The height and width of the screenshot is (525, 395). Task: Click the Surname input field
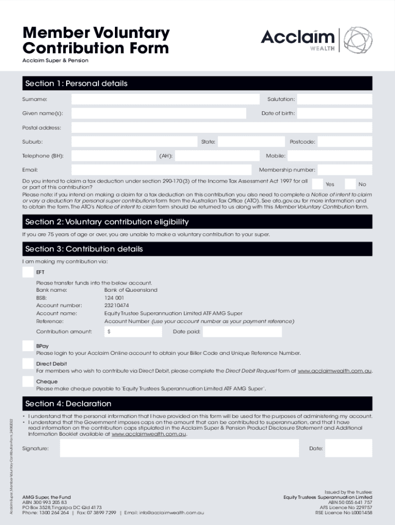[x=165, y=99]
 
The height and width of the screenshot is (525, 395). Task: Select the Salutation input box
[x=334, y=99]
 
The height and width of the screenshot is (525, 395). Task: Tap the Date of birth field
[x=334, y=113]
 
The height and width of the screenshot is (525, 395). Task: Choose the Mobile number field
[x=331, y=156]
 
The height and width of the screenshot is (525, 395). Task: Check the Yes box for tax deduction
[x=318, y=184]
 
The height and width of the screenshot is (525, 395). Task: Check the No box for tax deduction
[x=350, y=184]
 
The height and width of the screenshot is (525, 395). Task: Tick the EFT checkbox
[x=28, y=272]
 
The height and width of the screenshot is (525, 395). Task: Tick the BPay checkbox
[x=28, y=346]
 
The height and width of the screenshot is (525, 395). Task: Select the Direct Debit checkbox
[x=28, y=364]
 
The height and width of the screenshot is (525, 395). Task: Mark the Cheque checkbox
[x=28, y=381]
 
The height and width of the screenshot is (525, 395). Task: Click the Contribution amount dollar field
[x=133, y=332]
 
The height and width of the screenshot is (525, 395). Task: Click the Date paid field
[x=242, y=332]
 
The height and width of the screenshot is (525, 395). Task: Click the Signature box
[x=179, y=448]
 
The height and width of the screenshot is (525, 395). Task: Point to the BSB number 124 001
[x=114, y=298]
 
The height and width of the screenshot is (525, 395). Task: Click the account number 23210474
[x=116, y=306]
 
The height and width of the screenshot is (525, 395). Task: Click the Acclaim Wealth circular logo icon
[x=358, y=40]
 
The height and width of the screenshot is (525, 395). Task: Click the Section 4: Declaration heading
[x=68, y=403]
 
